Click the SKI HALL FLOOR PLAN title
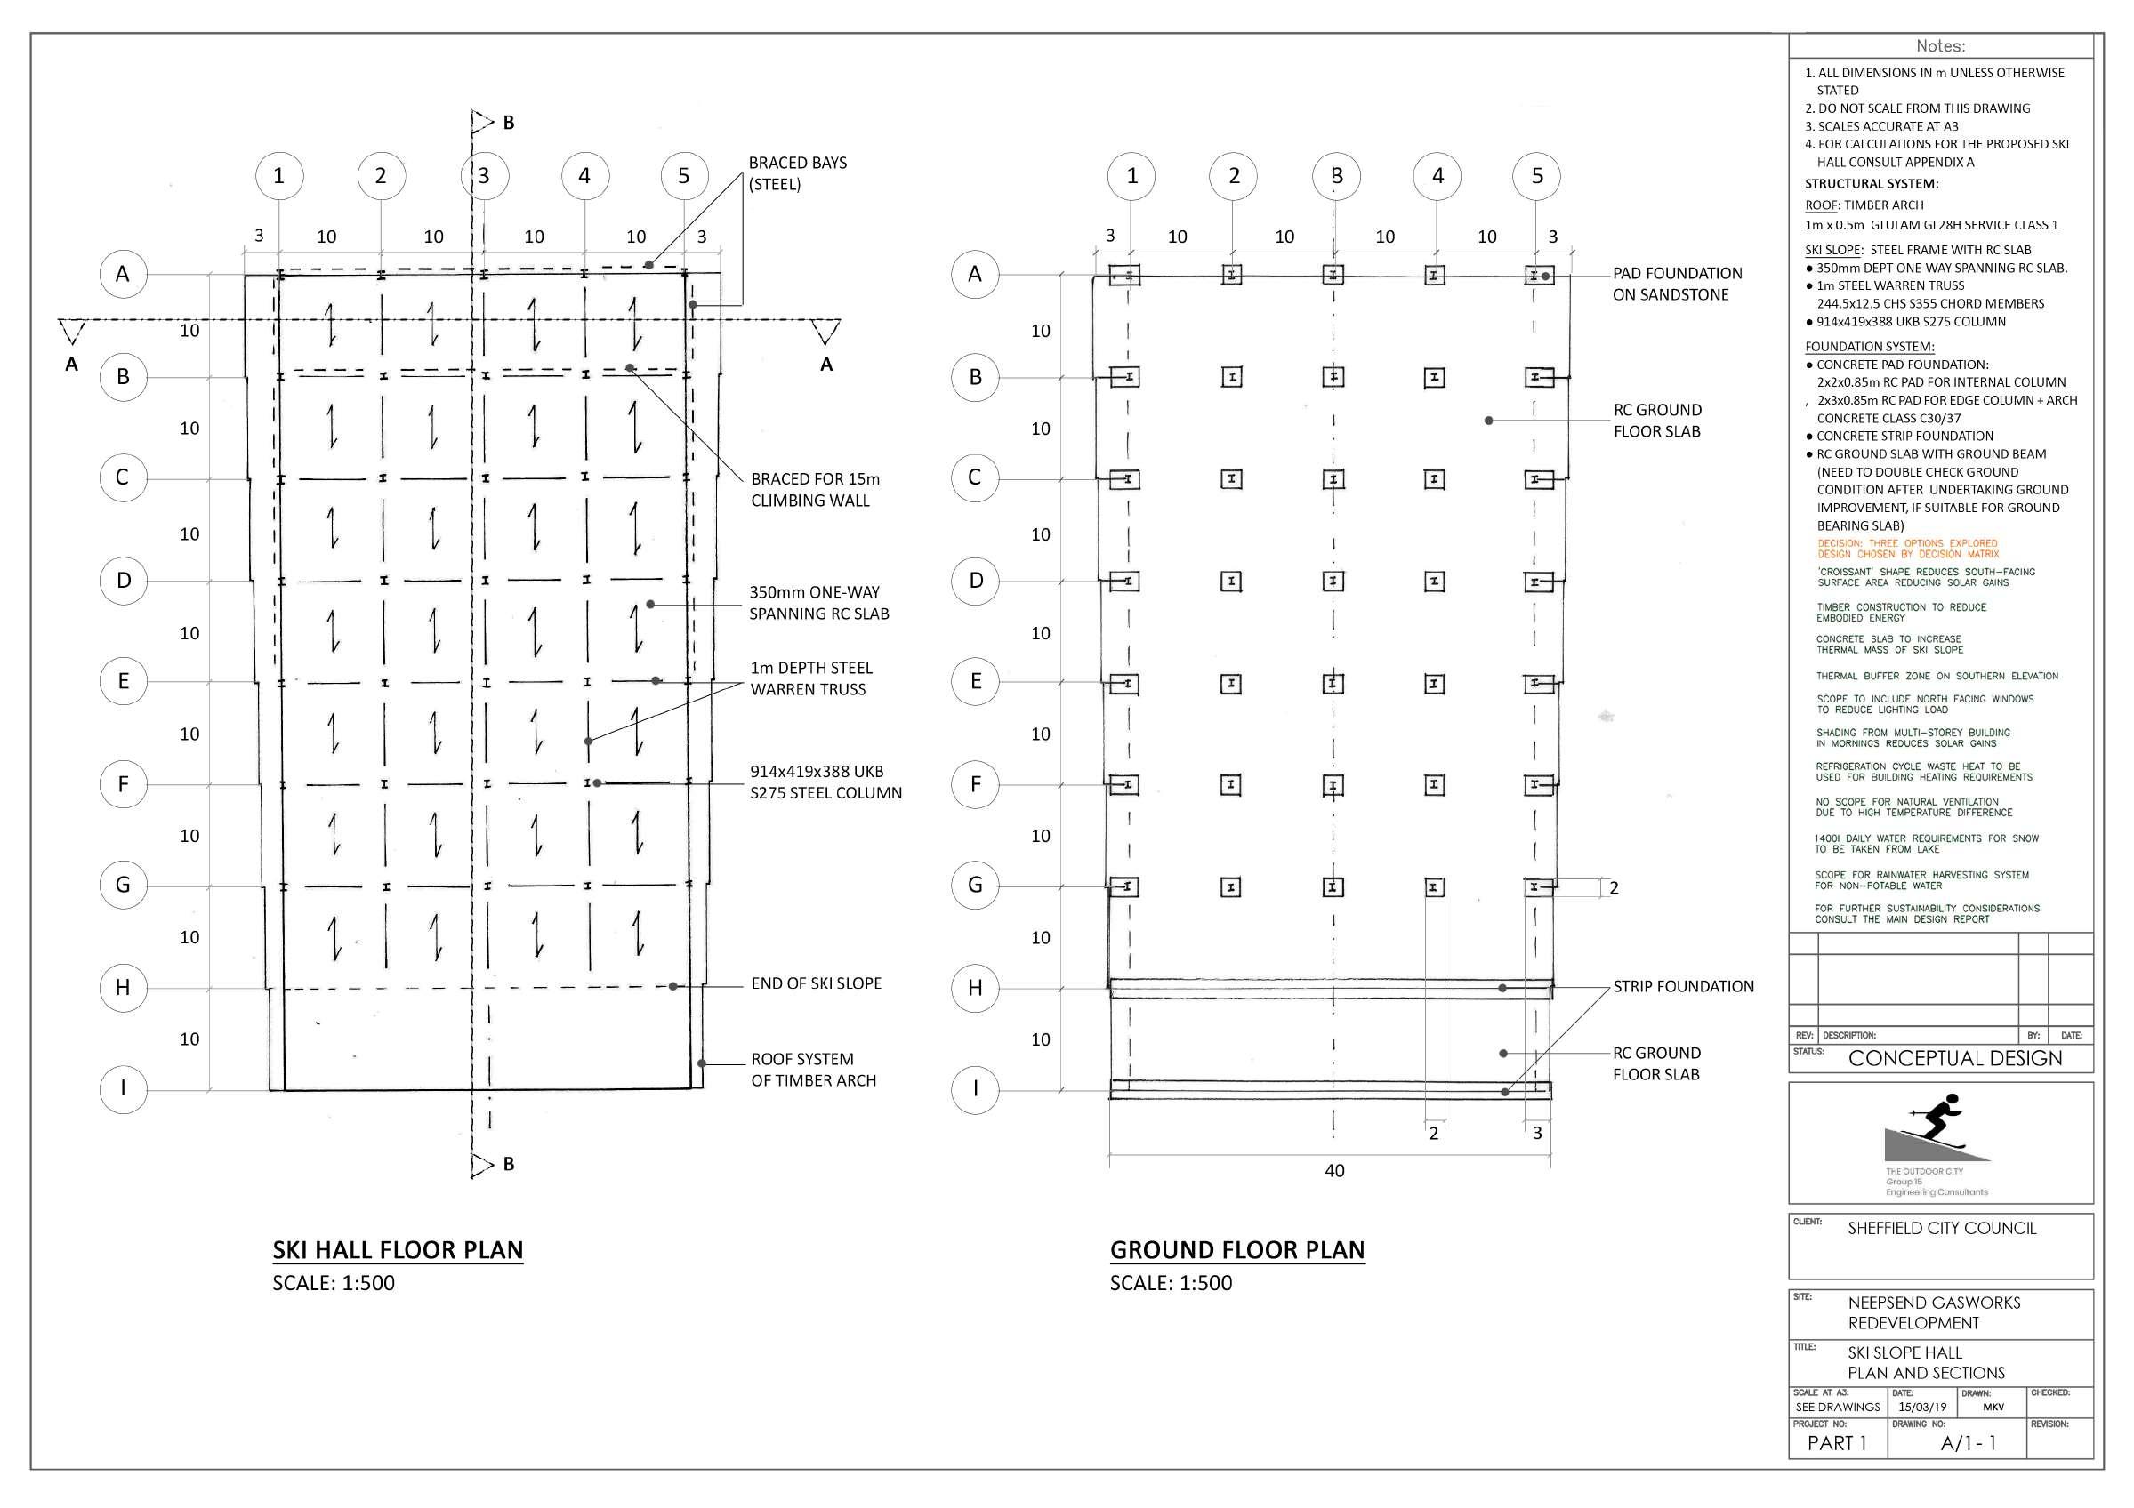tap(398, 1249)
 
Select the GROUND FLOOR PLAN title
tap(1237, 1249)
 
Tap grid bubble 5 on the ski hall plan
tap(684, 176)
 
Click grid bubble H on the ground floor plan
tap(975, 988)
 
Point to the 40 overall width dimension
tap(1334, 1171)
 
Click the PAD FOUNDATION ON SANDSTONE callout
tap(1677, 284)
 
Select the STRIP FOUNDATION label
tap(1683, 986)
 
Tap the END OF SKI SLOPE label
tap(816, 983)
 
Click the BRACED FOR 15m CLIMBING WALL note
tap(814, 490)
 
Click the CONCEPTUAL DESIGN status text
tap(1954, 1058)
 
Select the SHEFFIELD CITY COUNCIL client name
tap(1942, 1228)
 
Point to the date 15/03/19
tap(1922, 1407)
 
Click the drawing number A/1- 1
tap(1968, 1443)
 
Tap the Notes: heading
tap(1941, 46)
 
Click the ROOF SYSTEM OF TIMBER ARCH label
tap(813, 1070)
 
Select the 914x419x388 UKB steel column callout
tap(825, 782)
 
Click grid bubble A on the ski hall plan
tap(123, 274)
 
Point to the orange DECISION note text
tap(1907, 549)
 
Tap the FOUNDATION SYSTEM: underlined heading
tap(1869, 347)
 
